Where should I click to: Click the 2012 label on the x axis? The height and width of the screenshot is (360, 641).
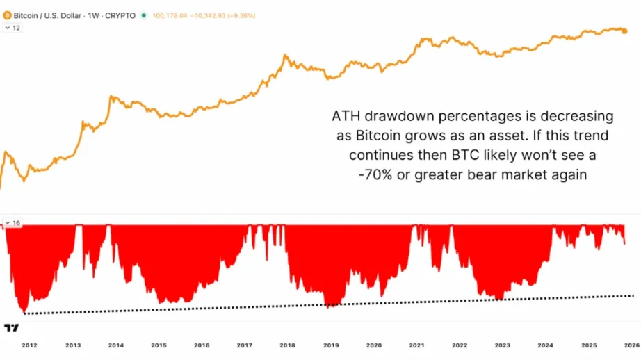(x=29, y=345)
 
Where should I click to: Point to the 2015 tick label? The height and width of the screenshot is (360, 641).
(x=159, y=345)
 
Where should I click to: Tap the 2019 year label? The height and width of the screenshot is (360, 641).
(x=331, y=345)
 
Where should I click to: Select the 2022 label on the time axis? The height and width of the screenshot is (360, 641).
(x=460, y=345)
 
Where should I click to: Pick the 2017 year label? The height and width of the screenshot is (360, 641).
(x=245, y=345)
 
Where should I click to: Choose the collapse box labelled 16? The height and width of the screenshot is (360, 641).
(x=12, y=223)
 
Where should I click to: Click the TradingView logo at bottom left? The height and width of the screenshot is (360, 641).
(x=11, y=327)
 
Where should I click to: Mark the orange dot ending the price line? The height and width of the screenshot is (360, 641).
(x=624, y=31)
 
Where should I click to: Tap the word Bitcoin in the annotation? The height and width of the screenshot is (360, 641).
(x=362, y=134)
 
